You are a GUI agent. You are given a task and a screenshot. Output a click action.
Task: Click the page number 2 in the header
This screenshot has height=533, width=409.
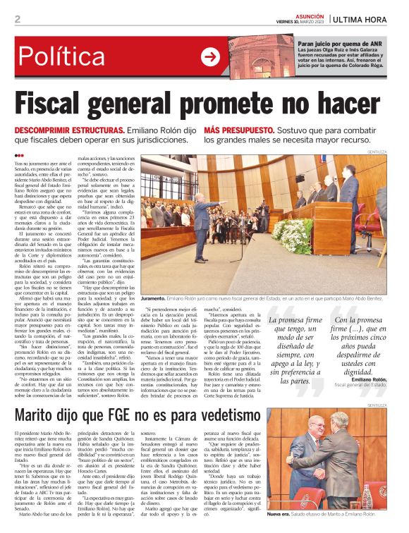[x=17, y=18]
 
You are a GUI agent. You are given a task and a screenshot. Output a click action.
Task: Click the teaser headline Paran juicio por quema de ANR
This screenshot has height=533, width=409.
[x=317, y=44]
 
